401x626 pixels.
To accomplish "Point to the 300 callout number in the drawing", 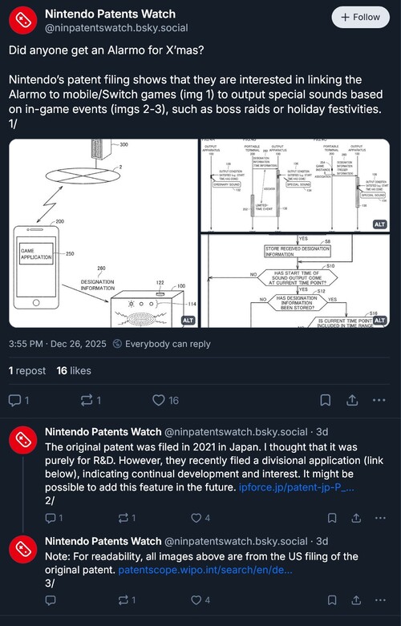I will pyautogui.click(x=123, y=145).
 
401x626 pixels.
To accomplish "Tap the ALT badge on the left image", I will pyautogui.click(x=188, y=320).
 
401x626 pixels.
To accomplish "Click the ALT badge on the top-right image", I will pyautogui.click(x=380, y=224).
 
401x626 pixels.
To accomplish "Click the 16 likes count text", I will pyautogui.click(x=73, y=371).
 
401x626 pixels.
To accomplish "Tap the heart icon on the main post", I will pyautogui.click(x=159, y=400).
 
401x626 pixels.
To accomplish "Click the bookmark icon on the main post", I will pyautogui.click(x=325, y=400).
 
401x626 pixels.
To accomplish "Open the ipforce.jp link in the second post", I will pyautogui.click(x=297, y=487).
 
